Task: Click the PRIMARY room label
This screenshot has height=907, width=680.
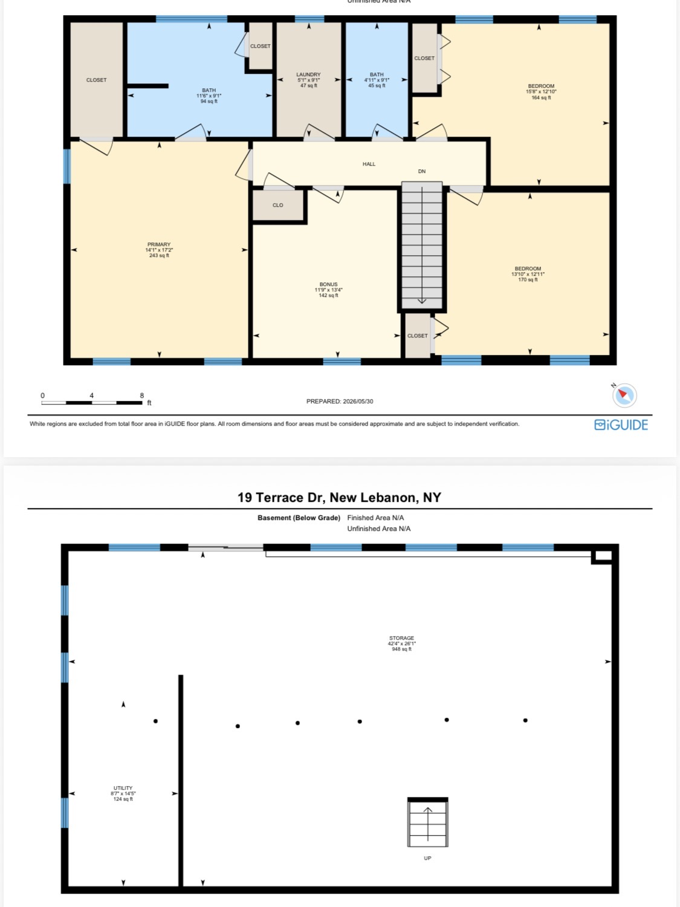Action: (x=159, y=244)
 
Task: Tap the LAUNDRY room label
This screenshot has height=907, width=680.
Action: (x=308, y=74)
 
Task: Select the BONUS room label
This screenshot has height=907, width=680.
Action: (x=328, y=284)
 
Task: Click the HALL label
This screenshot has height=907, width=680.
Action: (x=369, y=164)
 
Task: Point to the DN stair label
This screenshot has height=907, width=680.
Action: (x=421, y=171)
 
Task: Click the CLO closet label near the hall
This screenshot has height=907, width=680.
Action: (x=278, y=205)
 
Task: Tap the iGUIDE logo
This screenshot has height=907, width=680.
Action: (x=621, y=425)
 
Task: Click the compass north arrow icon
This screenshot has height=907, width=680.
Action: (x=624, y=395)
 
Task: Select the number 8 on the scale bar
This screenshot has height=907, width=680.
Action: (x=142, y=395)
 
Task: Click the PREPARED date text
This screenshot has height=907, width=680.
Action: (x=340, y=401)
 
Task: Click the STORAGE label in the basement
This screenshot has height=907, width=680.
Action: (x=401, y=638)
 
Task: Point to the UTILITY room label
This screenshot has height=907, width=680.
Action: (x=123, y=788)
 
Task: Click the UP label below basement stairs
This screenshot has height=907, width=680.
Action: (x=427, y=858)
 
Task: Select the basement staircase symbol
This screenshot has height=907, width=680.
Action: (x=428, y=822)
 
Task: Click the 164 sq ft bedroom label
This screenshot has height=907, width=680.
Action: (x=541, y=97)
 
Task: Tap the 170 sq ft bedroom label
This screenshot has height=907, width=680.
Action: (x=528, y=280)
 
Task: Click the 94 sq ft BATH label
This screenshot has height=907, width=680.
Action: (x=209, y=101)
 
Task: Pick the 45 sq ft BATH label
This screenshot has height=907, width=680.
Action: (x=377, y=85)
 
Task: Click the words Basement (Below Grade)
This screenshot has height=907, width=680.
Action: (x=299, y=518)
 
